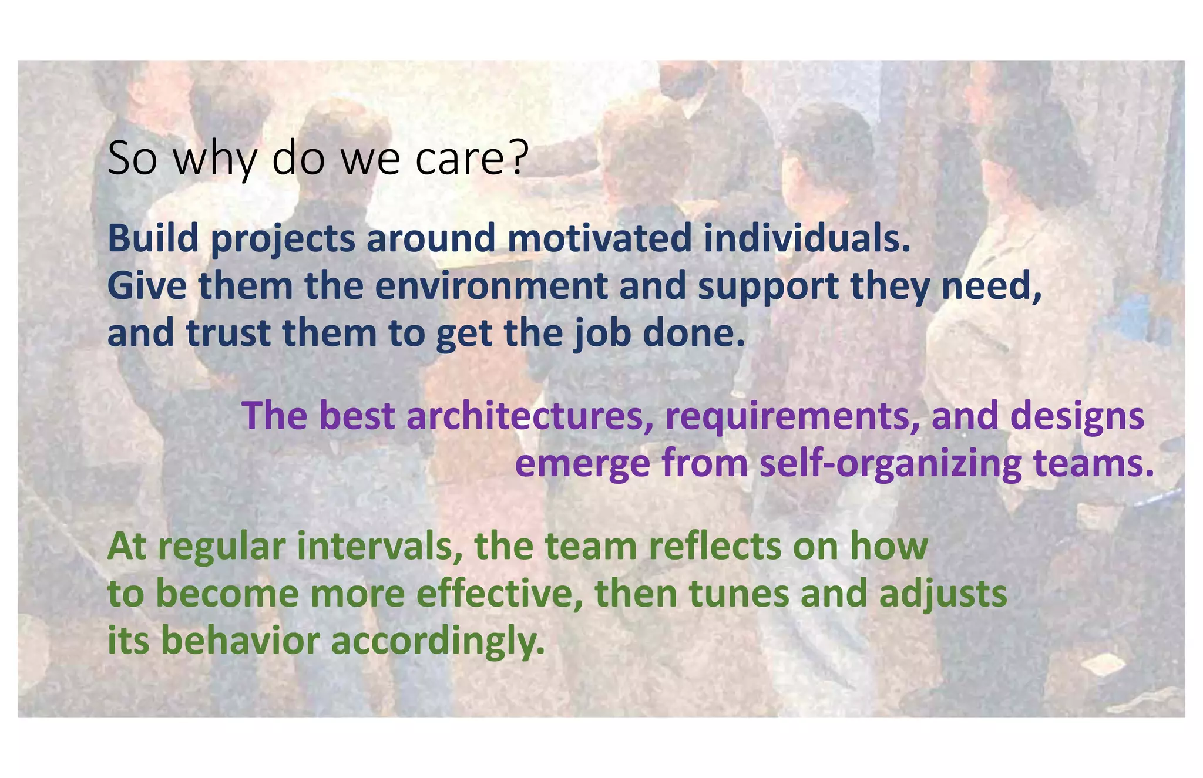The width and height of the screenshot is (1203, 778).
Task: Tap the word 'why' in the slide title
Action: (x=214, y=160)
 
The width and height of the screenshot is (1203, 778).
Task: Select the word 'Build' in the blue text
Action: (x=153, y=239)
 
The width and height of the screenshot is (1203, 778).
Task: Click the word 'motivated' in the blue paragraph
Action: (x=600, y=239)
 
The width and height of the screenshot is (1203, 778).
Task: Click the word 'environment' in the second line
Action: (x=491, y=287)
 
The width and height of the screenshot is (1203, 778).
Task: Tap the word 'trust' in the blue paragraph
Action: (x=228, y=334)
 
